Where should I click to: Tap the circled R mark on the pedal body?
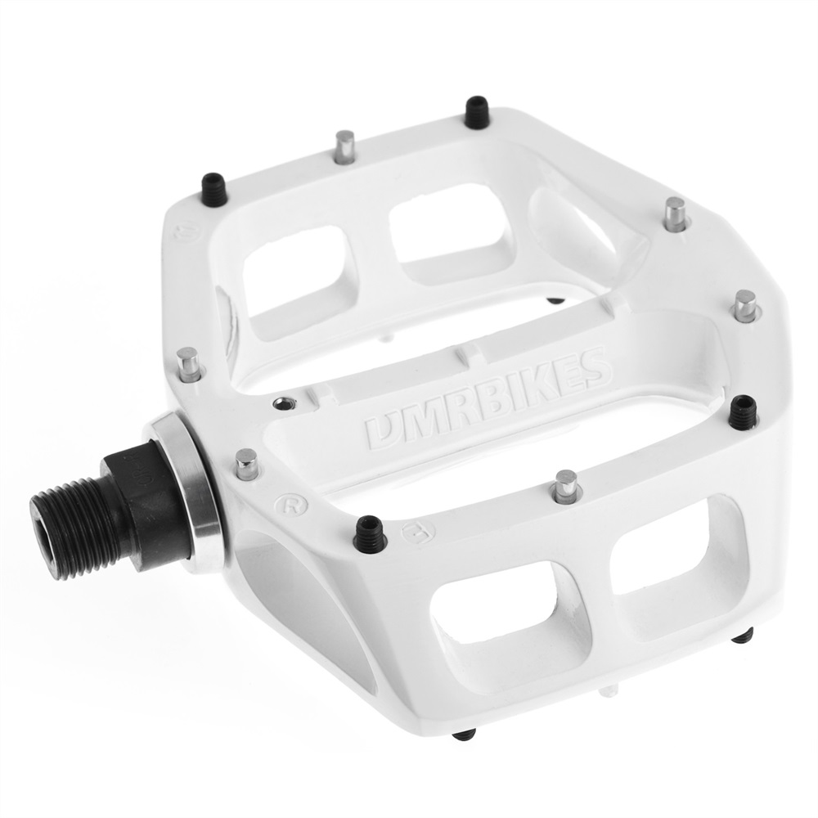click(x=286, y=501)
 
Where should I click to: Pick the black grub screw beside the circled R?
click(x=370, y=533)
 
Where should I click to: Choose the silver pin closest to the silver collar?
click(x=245, y=463)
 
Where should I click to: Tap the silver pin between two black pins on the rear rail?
click(x=345, y=147)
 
